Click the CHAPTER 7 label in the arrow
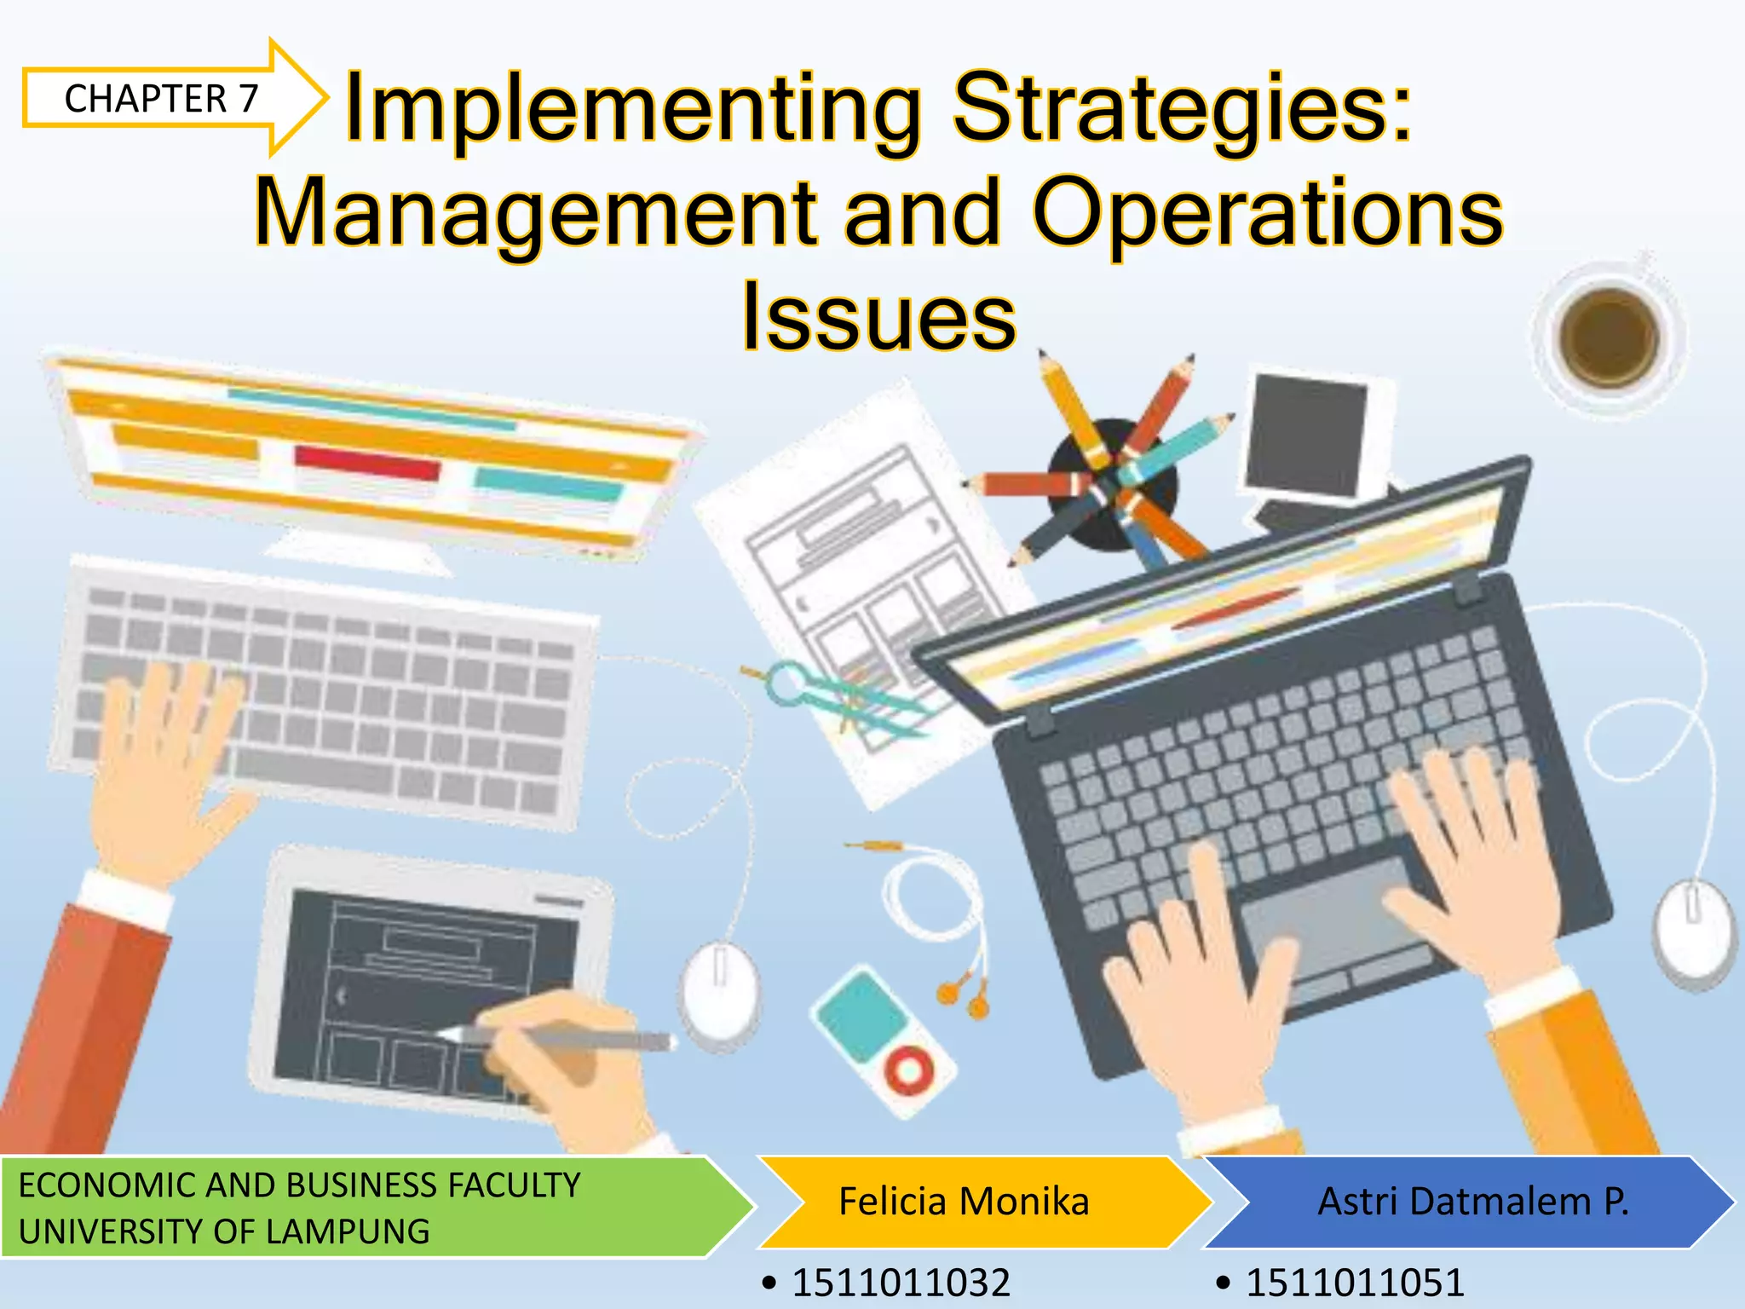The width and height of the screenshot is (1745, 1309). (x=161, y=99)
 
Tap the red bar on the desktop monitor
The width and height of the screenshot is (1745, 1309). (x=366, y=463)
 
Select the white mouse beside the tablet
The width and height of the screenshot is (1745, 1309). (x=719, y=993)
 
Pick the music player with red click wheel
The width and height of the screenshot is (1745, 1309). (x=884, y=1040)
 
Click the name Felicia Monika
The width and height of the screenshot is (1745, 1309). (x=964, y=1202)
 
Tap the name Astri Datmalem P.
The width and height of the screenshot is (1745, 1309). (x=1472, y=1202)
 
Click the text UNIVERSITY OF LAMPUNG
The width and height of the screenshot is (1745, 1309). (x=224, y=1231)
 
